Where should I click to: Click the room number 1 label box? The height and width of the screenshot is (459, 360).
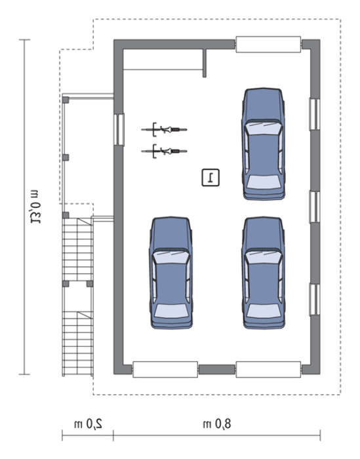point(210,178)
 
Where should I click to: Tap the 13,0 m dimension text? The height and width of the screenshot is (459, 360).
point(35,207)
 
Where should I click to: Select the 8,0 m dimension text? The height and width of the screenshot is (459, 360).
point(217,424)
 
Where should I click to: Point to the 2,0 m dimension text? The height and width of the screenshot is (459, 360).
point(88,424)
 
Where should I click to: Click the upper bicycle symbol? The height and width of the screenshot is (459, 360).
point(164,129)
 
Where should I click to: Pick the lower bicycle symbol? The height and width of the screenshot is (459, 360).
point(164,151)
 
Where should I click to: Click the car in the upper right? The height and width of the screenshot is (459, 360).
point(264,144)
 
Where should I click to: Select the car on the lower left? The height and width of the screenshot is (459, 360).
point(171,273)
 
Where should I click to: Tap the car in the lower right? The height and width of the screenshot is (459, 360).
point(264,273)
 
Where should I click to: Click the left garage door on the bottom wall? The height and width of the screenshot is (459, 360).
point(165,369)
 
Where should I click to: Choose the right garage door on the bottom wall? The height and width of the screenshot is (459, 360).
point(268,369)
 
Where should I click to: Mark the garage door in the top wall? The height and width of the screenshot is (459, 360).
point(268,44)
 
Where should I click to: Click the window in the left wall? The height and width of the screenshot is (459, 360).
point(119,130)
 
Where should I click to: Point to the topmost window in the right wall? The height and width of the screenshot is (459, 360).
point(315,114)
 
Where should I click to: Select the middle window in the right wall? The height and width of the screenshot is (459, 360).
point(315,207)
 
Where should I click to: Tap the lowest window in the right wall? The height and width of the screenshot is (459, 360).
point(315,300)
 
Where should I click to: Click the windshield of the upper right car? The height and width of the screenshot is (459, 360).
point(264,128)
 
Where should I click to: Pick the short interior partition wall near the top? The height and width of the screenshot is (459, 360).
point(205,63)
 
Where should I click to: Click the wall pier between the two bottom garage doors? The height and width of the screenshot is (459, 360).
point(217,369)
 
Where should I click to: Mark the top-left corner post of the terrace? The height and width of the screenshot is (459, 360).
point(66,100)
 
